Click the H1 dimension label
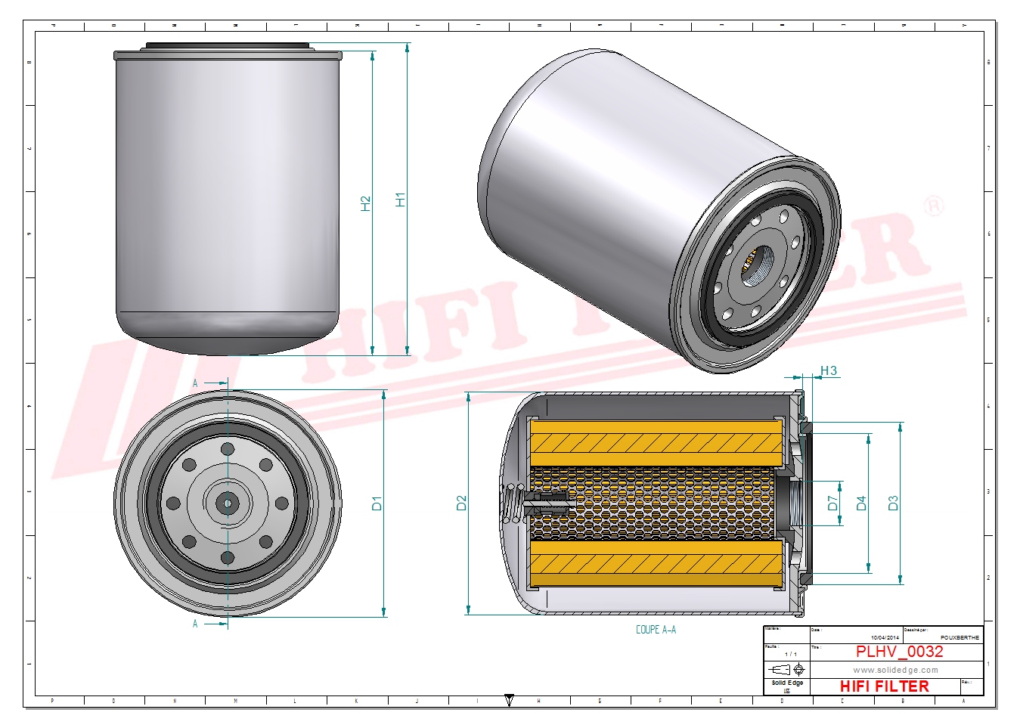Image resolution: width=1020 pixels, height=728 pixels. pos(400,200)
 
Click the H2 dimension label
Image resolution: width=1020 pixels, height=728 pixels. pos(366,203)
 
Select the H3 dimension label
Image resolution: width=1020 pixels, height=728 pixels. pos(829,370)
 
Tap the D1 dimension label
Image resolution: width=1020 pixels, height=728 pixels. pos(377,503)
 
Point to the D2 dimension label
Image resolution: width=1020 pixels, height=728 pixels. pos(461,503)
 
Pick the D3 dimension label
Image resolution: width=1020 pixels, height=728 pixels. pos(893,503)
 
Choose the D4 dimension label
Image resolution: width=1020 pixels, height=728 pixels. pos(860,503)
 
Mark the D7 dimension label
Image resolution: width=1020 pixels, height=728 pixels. pos(832,503)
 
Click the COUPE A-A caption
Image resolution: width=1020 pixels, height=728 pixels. pos(656,630)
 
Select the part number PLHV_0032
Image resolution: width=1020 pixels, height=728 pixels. pos(899,652)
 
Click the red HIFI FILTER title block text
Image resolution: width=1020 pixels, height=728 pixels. pos(884,686)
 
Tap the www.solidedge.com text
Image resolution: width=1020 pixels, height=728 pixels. pos(895,670)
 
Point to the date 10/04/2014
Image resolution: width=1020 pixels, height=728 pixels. pos(885,638)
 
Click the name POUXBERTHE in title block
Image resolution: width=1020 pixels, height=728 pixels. pos(960,638)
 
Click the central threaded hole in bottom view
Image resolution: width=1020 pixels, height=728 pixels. pos(228,503)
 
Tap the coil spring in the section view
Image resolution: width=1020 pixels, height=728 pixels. pos(513,503)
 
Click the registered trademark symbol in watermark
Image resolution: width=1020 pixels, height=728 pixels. pos(935,206)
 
